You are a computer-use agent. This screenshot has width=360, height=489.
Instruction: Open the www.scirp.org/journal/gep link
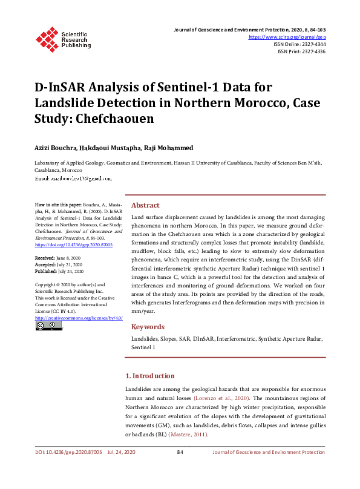point(287,37)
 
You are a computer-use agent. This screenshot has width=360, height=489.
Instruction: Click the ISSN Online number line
point(299,44)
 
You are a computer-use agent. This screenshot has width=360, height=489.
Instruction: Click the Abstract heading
point(145,205)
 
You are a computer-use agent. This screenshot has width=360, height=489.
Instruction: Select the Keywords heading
point(148,327)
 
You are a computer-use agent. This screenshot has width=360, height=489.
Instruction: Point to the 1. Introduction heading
point(149,376)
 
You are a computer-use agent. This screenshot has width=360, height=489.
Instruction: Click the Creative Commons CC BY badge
point(48,326)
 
